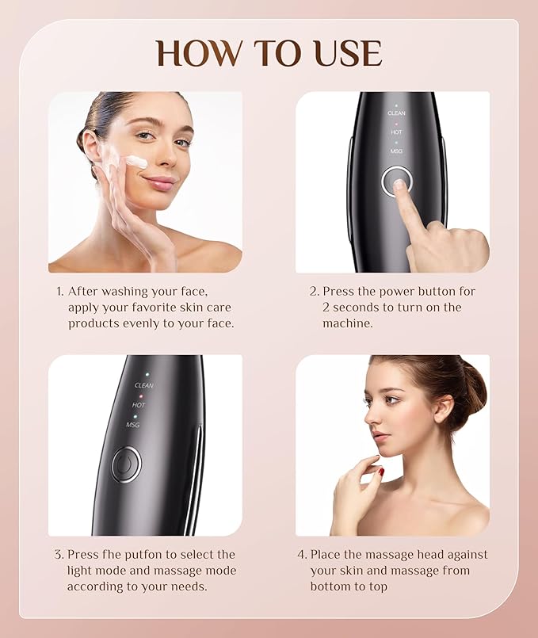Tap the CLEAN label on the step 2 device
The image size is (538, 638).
(396, 113)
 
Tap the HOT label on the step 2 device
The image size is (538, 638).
(396, 132)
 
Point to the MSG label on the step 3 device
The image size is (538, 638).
(133, 425)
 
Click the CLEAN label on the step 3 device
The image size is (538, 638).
(143, 385)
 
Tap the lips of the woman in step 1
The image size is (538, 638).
(159, 182)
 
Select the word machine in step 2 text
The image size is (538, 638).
(345, 323)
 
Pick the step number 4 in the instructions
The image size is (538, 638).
(302, 555)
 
